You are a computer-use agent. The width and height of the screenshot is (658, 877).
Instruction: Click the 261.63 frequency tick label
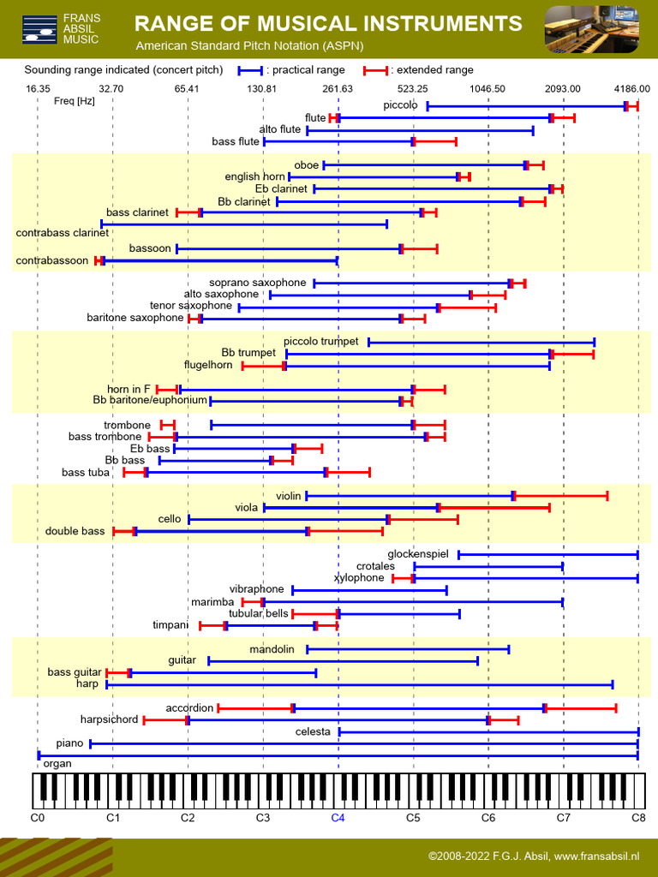(x=338, y=89)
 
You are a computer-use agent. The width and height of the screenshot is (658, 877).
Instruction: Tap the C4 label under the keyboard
(x=338, y=818)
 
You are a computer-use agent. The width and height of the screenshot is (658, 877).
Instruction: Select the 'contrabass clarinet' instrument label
(x=62, y=232)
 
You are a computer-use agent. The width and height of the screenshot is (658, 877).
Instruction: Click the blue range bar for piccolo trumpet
(x=481, y=342)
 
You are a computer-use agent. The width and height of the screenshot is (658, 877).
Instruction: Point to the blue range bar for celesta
(x=488, y=731)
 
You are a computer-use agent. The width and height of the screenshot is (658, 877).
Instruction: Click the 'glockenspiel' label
(x=418, y=554)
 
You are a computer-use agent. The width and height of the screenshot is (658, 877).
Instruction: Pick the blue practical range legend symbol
(x=250, y=70)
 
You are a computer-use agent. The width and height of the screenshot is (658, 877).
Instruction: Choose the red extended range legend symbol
(x=375, y=70)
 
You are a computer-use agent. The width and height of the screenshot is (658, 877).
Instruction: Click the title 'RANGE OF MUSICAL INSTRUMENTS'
(x=328, y=23)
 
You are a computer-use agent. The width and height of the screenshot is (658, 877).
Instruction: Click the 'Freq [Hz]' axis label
(x=74, y=101)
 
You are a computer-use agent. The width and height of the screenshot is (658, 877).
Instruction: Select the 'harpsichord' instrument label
(x=109, y=719)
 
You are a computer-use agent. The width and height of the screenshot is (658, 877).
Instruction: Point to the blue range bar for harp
(x=360, y=684)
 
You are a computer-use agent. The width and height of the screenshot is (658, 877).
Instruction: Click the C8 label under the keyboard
(x=638, y=818)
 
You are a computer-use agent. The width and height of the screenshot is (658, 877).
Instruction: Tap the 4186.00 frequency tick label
(x=631, y=89)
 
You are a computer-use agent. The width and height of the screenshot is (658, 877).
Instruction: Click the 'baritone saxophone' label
(x=135, y=318)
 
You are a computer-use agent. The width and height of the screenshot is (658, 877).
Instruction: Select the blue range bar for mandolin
(x=408, y=649)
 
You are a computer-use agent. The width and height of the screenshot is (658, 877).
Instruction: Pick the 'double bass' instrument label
(x=75, y=531)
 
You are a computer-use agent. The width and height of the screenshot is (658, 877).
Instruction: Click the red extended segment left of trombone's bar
(x=168, y=425)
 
